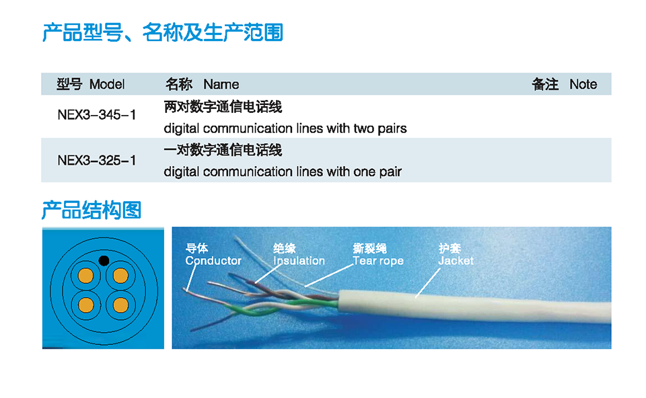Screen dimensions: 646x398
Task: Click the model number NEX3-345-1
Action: pos(96,114)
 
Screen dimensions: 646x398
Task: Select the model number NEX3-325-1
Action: pos(96,160)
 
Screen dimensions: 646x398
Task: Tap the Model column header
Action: pos(91,85)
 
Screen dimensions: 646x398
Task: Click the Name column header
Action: pos(202,85)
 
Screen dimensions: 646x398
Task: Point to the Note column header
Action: pos(564,85)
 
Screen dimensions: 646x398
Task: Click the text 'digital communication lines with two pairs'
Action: pos(285,129)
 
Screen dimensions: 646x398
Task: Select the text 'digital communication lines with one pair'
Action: pos(283,171)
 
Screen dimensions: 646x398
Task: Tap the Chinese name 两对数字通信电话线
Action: pos(223,107)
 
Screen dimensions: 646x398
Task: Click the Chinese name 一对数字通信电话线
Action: pos(223,150)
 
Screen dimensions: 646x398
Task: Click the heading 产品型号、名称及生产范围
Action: pos(163,32)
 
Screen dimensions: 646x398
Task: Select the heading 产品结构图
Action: pos(92,210)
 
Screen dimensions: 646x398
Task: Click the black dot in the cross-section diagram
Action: pos(104,261)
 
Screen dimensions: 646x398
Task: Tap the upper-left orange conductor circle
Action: pos(85,276)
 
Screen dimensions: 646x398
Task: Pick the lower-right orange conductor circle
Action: pos(120,305)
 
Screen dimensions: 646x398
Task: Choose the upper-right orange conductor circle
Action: pos(120,276)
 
